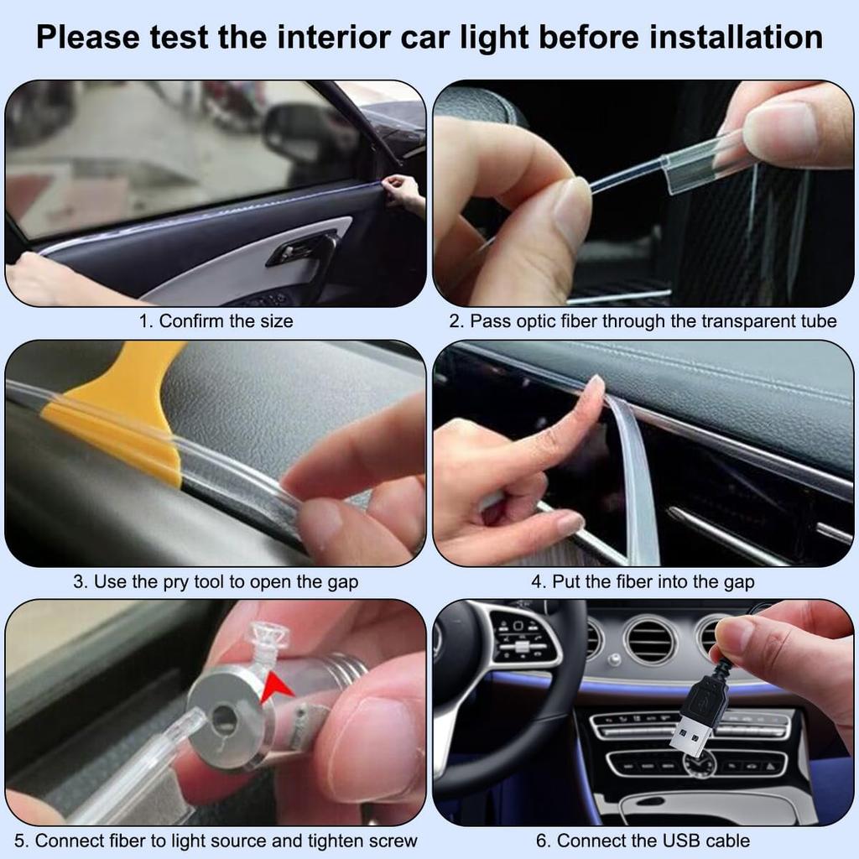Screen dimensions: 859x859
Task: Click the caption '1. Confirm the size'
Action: coord(216,321)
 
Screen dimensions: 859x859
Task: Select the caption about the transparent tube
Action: coord(643,321)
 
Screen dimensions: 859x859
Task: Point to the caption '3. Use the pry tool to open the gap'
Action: coord(216,581)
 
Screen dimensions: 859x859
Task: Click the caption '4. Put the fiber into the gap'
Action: coord(643,581)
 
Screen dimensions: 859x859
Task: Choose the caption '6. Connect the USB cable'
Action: coord(643,841)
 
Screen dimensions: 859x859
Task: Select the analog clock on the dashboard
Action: coord(698,763)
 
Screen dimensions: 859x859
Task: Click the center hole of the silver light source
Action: coord(223,716)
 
